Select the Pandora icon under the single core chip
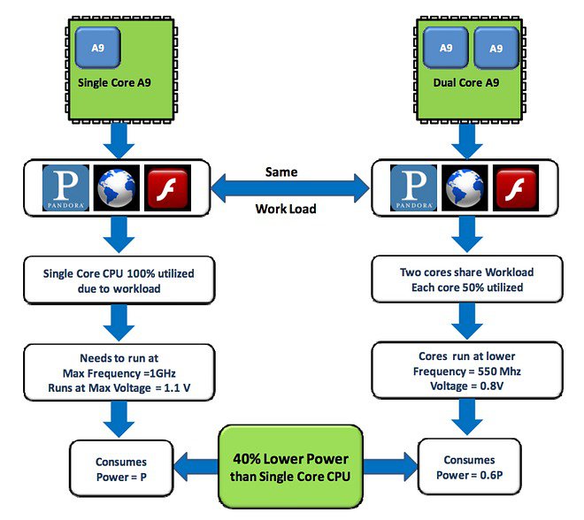point(66,187)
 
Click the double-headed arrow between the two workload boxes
point(288,187)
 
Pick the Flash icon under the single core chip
point(167,187)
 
